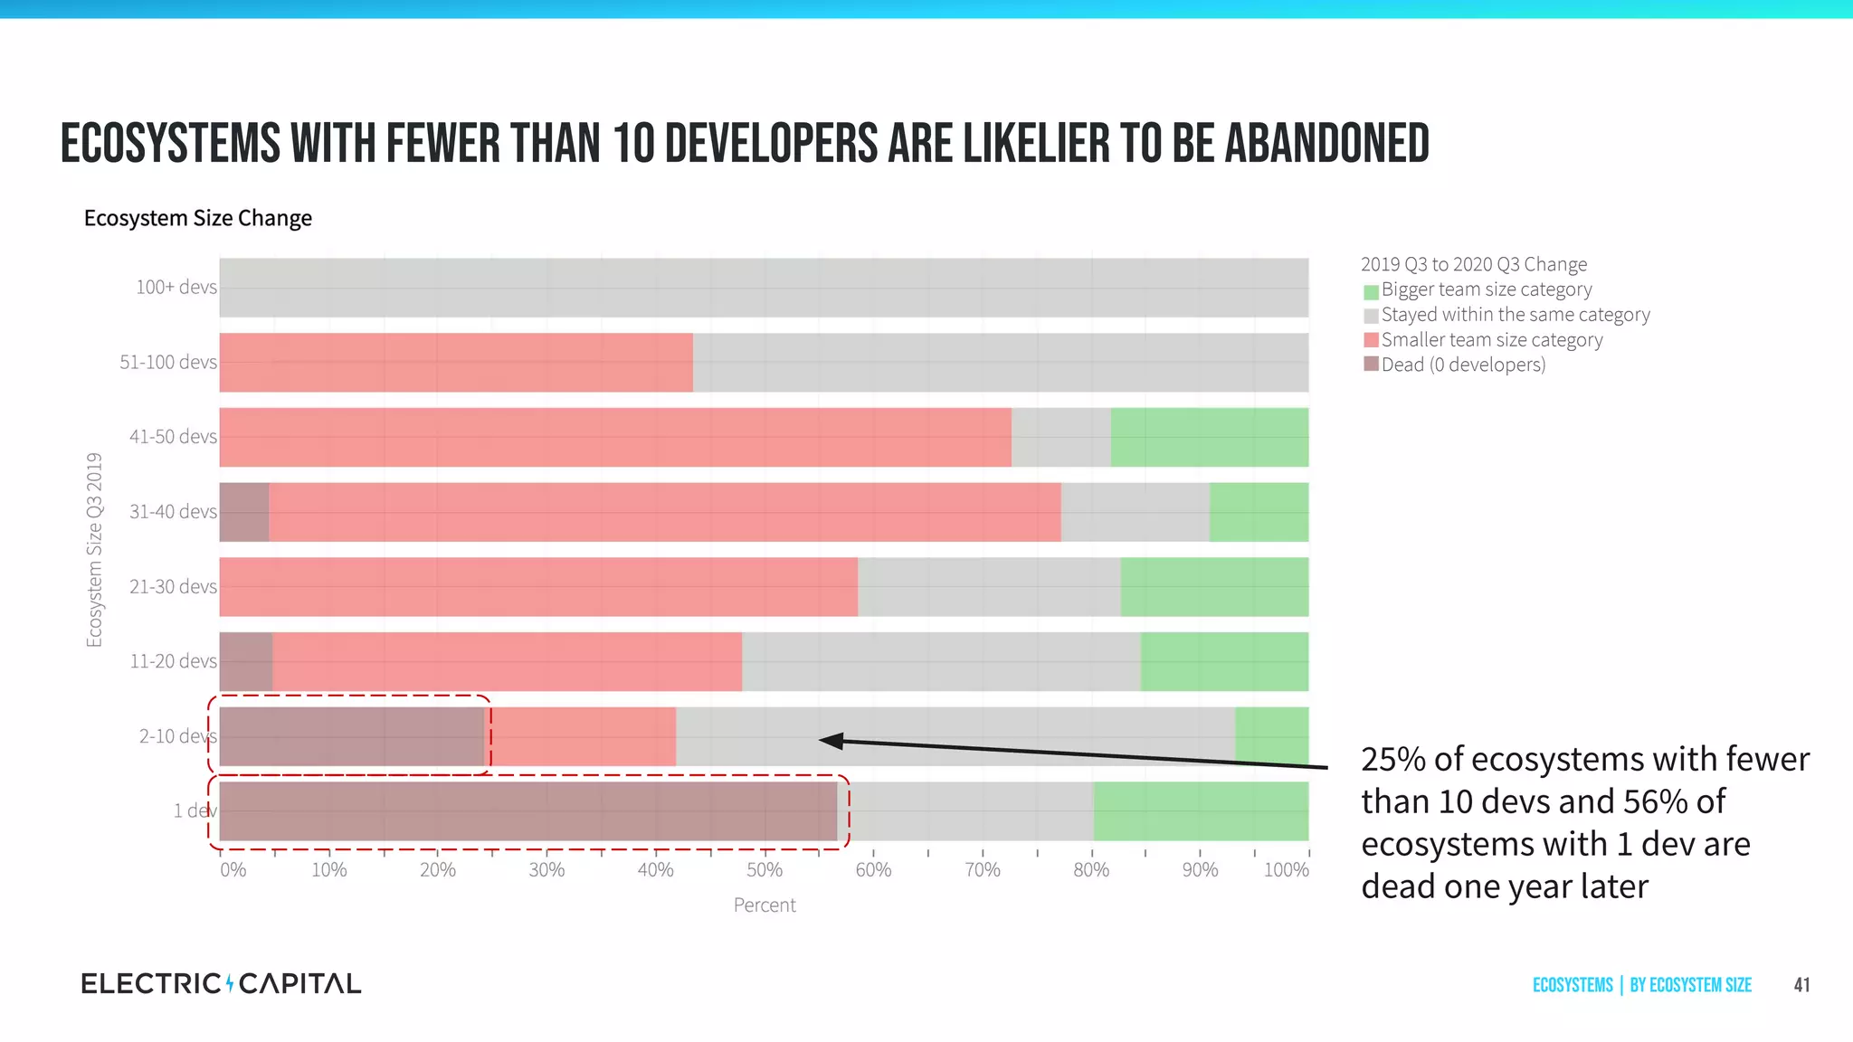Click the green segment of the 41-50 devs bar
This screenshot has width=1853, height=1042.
pyautogui.click(x=1209, y=437)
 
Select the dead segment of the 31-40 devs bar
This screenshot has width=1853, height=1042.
pyautogui.click(x=244, y=512)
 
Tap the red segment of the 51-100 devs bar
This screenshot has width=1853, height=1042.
pyautogui.click(x=456, y=362)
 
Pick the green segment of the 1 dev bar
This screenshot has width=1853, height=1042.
pyautogui.click(x=1201, y=811)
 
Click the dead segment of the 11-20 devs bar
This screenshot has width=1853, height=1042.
pyautogui.click(x=246, y=661)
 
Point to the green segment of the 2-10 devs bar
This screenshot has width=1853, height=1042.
pyautogui.click(x=1271, y=736)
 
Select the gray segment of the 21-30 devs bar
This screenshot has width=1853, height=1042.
pyautogui.click(x=989, y=587)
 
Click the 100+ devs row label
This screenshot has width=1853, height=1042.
pyautogui.click(x=176, y=288)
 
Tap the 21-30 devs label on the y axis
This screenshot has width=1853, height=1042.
pyautogui.click(x=173, y=587)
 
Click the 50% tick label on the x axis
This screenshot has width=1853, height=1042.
pyautogui.click(x=765, y=870)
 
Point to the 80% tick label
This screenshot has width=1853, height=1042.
pyautogui.click(x=1091, y=870)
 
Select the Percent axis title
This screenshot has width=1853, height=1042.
pyautogui.click(x=765, y=905)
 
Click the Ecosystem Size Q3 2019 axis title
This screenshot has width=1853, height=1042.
pyautogui.click(x=94, y=550)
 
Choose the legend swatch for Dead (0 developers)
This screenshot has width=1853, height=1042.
pyautogui.click(x=1371, y=365)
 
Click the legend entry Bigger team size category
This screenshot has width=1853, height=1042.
pyautogui.click(x=1486, y=289)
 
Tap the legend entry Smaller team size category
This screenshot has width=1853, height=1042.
pyautogui.click(x=1491, y=340)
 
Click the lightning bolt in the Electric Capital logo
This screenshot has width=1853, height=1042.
pyautogui.click(x=230, y=983)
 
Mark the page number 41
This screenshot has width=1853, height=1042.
pyautogui.click(x=1801, y=985)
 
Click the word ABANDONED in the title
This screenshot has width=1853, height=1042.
pyautogui.click(x=1326, y=145)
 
